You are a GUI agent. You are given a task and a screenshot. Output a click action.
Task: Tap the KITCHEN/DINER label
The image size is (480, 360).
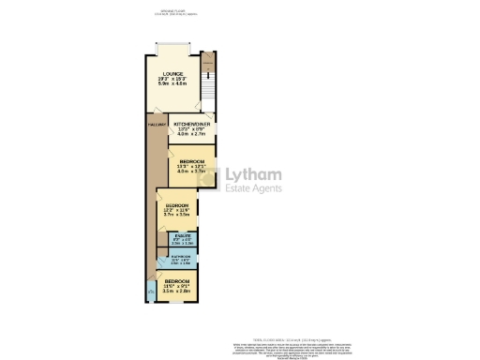tap(190, 124)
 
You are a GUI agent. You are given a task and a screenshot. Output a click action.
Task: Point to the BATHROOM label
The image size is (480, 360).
tap(180, 257)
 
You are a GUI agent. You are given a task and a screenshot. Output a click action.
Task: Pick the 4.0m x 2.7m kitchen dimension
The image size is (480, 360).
tap(190, 135)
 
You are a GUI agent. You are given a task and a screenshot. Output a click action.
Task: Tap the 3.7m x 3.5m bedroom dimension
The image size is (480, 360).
tap(176, 216)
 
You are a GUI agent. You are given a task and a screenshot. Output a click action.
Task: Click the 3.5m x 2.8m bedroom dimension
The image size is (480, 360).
tap(176, 292)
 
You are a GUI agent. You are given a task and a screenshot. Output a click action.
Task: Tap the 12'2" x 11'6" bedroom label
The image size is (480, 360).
tap(176, 210)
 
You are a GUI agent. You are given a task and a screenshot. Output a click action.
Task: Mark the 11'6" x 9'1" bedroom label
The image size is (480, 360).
tap(176, 286)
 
